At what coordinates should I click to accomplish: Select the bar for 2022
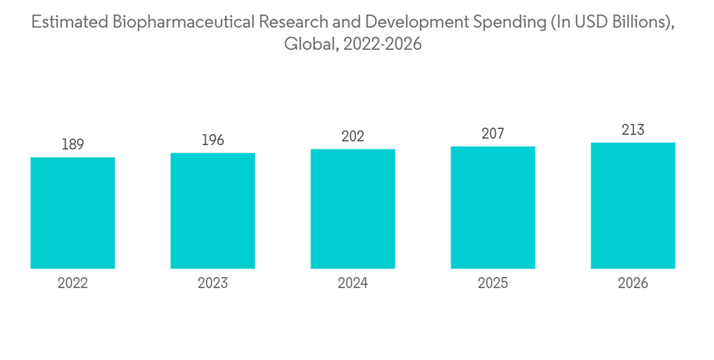73,213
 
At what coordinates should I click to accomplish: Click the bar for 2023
213,211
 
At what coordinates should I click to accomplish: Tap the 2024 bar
353,209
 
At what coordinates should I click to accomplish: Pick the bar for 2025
493,207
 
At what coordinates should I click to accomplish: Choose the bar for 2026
633,206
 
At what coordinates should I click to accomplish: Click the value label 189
73,145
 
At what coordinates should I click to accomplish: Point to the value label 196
213,140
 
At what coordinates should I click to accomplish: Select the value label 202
353,136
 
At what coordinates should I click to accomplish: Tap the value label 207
493,134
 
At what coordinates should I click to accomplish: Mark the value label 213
633,130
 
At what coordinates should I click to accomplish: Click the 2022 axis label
73,284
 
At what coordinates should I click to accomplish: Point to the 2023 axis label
213,284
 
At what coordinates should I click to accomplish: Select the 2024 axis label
353,284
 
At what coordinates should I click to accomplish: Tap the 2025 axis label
493,284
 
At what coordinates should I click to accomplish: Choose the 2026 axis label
633,284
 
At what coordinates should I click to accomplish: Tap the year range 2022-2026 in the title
383,44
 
